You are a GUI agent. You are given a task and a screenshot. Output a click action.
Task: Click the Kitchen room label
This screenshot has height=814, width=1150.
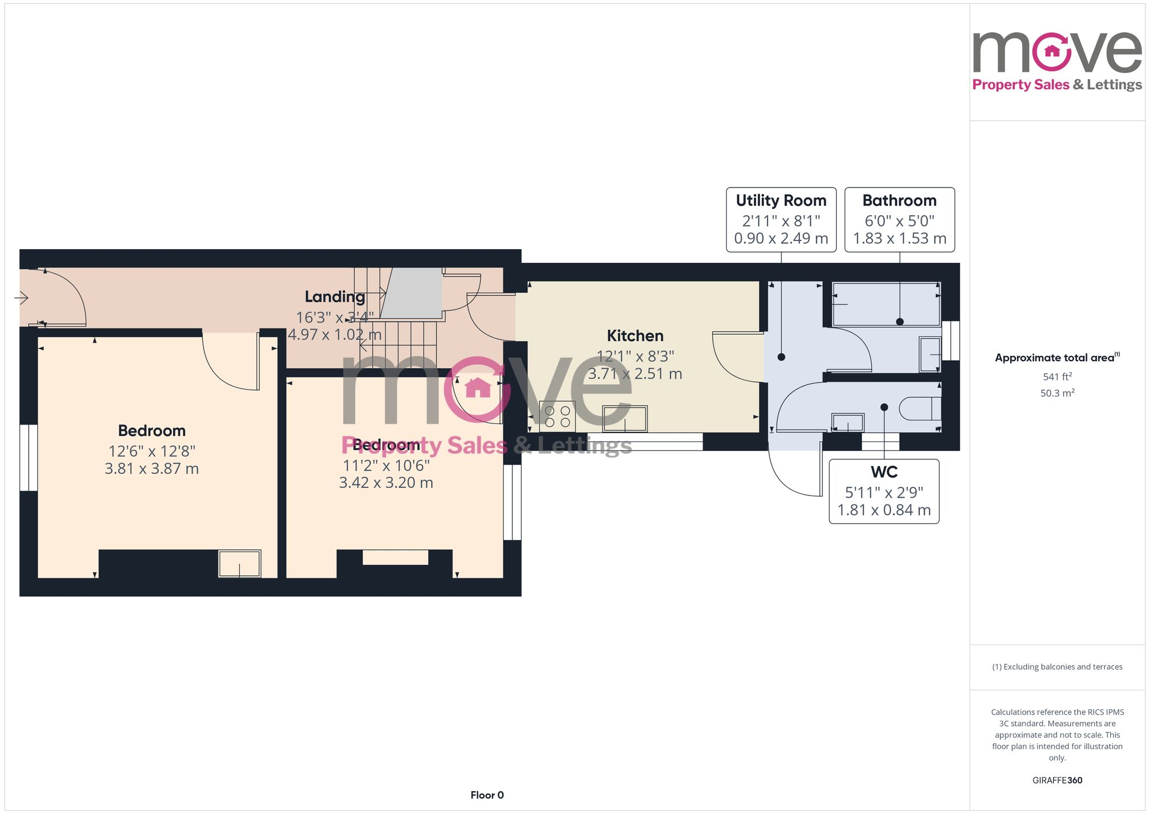pos(635,336)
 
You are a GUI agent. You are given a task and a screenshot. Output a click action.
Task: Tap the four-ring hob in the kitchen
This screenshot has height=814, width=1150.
pos(557,416)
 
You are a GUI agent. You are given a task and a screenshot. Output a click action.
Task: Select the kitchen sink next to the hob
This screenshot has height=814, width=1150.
pos(624,419)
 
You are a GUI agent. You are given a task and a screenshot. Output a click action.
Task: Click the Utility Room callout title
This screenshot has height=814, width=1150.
pos(781,201)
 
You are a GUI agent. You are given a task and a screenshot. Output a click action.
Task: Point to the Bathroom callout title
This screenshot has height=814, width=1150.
pos(899,201)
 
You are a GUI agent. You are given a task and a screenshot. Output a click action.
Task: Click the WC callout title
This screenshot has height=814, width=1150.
pos(884,472)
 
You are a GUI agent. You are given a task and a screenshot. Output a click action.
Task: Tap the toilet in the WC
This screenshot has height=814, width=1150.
pos(920,408)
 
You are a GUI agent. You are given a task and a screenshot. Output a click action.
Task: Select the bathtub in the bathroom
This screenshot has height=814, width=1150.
pos(885,304)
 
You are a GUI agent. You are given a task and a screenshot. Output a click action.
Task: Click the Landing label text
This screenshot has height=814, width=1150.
pos(335,297)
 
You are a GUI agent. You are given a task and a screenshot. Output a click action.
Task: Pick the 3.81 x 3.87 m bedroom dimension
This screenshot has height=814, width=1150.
pos(152,469)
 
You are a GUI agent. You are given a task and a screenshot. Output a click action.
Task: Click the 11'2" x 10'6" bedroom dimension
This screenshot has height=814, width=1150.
pos(386,465)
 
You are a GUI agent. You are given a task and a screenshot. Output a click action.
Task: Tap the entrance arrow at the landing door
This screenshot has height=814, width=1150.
pos(21,297)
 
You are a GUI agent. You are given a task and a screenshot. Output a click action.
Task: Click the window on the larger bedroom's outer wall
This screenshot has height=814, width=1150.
pos(28,457)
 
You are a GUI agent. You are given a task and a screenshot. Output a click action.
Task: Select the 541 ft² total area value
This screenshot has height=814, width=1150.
pos(1057,377)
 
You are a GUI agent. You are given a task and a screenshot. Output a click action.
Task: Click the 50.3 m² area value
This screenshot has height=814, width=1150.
pos(1057,393)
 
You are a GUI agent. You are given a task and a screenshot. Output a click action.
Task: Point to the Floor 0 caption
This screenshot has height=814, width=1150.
pos(486,795)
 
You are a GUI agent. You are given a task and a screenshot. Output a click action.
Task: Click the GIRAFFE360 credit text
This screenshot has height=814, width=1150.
pos(1057,781)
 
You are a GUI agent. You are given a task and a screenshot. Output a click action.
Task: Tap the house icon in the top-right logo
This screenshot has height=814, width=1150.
pos(1052,51)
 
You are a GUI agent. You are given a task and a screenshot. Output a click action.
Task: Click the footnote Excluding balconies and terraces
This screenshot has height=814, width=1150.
pos(1057,667)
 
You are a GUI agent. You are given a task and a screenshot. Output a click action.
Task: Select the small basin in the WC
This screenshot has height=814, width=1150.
pos(848,423)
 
